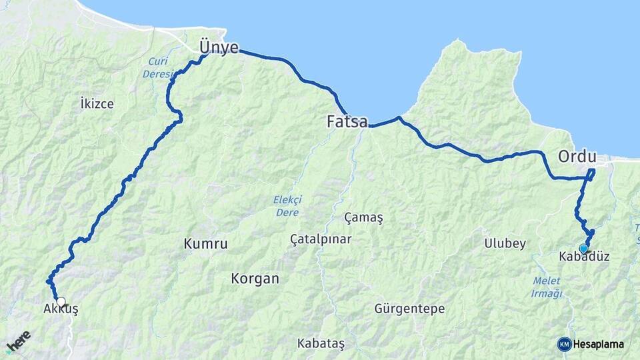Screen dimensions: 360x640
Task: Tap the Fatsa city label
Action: click(x=347, y=122)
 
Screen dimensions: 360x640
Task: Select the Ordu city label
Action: click(x=576, y=157)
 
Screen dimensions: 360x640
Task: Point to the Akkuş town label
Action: click(x=61, y=311)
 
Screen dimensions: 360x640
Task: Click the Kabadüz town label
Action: click(x=585, y=256)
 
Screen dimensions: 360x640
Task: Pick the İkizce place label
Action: click(x=97, y=104)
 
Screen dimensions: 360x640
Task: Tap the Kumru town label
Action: click(x=205, y=244)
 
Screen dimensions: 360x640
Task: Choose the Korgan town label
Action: click(x=255, y=279)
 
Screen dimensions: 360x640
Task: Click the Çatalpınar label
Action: click(x=321, y=239)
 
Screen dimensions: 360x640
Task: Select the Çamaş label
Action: click(x=364, y=218)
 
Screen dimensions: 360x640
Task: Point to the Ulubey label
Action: click(x=505, y=244)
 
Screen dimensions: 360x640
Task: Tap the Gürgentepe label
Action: click(x=409, y=309)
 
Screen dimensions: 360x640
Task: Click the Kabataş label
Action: click(x=321, y=343)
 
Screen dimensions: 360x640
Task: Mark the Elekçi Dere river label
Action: click(x=287, y=205)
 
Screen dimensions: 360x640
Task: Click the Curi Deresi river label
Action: click(x=159, y=68)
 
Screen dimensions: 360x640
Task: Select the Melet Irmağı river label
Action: click(x=547, y=287)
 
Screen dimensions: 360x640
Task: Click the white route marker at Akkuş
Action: click(x=61, y=301)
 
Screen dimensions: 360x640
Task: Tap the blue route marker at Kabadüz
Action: click(x=583, y=249)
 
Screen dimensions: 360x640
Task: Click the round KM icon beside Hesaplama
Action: click(x=564, y=344)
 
